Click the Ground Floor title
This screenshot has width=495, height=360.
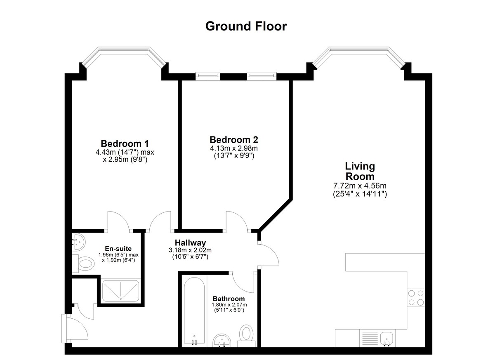(x=246, y=26)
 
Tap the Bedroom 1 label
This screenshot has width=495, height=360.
(x=125, y=144)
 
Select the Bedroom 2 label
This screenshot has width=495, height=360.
(x=234, y=140)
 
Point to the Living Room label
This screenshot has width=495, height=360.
(x=360, y=172)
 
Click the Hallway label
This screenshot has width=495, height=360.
(x=190, y=243)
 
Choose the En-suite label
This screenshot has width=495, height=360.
(x=118, y=249)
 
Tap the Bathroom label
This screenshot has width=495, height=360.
(x=229, y=299)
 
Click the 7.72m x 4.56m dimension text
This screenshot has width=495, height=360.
(x=360, y=186)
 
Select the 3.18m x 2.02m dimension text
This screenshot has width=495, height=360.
(x=190, y=250)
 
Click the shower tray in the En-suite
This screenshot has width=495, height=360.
(x=120, y=290)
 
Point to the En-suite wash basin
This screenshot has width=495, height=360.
(x=78, y=242)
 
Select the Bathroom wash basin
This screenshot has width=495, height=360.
(x=222, y=341)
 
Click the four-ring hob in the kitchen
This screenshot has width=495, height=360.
(x=416, y=298)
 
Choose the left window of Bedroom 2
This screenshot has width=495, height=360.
(x=208, y=76)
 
